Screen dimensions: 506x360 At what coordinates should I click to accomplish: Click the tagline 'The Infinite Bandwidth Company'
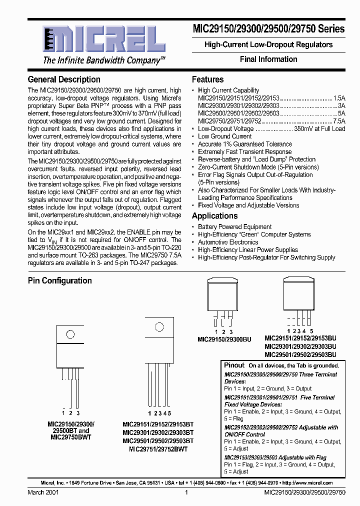(x=104, y=60)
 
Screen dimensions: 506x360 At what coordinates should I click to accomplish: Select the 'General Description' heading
(x=64, y=79)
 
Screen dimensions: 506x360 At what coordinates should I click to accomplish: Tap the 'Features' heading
(x=207, y=79)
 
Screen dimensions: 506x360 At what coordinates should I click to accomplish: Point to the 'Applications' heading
(x=214, y=216)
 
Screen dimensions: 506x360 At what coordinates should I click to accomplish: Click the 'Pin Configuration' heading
(x=59, y=280)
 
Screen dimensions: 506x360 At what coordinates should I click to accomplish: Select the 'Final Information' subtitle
(x=268, y=59)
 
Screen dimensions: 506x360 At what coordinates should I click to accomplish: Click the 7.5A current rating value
(x=339, y=121)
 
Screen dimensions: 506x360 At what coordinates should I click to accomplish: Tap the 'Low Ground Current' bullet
(x=224, y=136)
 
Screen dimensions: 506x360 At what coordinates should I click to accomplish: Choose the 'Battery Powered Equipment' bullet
(x=234, y=227)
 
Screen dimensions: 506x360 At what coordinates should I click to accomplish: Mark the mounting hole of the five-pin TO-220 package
(x=159, y=328)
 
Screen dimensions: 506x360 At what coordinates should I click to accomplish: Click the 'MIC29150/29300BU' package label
(x=223, y=339)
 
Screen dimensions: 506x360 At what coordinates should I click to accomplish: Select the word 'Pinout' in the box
(x=234, y=365)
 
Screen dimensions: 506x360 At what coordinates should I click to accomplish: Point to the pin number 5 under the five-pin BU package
(x=311, y=331)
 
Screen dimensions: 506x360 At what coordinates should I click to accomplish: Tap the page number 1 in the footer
(x=186, y=492)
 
